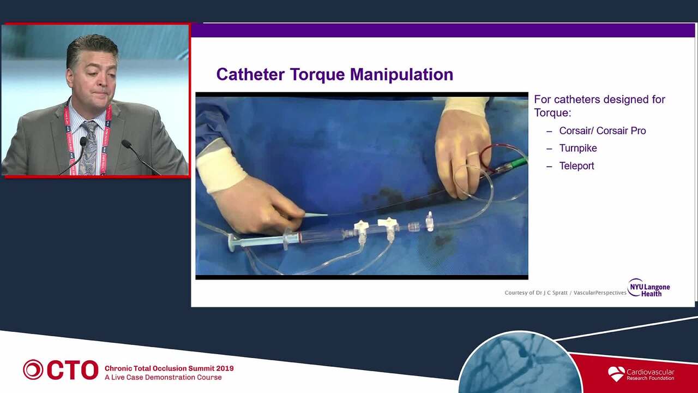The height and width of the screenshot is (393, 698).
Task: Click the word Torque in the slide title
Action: point(318,75)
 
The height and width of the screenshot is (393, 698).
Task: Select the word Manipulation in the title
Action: point(402,75)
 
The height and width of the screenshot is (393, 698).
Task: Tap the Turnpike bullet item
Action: point(578,148)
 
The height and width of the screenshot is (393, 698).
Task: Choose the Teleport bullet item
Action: point(576,165)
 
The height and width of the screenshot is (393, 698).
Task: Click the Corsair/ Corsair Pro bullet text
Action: point(603,130)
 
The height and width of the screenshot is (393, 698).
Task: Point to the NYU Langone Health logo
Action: point(649,288)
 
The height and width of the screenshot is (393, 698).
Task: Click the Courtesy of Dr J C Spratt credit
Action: point(536,293)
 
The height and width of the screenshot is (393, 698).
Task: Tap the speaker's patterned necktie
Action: point(89,147)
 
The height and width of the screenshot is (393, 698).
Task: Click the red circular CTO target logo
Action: point(33,370)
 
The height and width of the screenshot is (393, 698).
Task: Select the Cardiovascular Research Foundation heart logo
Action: point(616,374)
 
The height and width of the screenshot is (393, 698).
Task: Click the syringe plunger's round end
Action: point(232,242)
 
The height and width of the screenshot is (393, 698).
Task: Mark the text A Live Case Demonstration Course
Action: point(163,377)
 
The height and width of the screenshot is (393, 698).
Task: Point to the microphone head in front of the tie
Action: point(83,142)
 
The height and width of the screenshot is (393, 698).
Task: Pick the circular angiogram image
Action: point(520,364)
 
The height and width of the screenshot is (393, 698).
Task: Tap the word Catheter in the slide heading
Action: point(250,75)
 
